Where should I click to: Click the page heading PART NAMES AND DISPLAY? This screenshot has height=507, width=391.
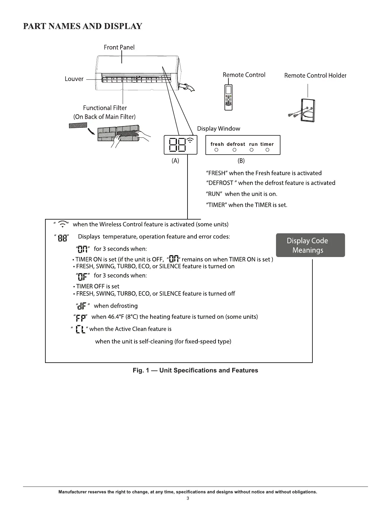coord(83,26)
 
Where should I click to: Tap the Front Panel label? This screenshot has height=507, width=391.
coord(119,47)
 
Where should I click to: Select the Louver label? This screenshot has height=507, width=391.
coord(74,79)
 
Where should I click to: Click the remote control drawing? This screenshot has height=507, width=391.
coord(228,98)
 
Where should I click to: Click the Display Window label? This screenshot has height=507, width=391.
coord(218,129)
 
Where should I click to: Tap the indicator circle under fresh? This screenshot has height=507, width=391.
coord(217,150)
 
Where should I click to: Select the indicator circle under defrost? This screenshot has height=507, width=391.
coord(234,150)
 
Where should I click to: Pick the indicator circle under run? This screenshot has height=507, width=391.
coord(252,150)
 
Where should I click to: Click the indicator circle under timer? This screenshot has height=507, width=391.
coord(267,150)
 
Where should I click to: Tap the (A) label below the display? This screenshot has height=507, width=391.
coord(175,161)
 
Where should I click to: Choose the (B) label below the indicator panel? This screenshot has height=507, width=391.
coord(241,161)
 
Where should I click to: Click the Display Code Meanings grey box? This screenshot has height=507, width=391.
coord(310,245)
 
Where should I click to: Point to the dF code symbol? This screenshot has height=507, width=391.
coord(82,306)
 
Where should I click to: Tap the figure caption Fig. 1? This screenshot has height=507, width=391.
coord(195,370)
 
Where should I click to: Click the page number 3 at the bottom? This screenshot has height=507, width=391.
coord(188,498)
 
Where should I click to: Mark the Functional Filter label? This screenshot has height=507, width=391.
coord(105,108)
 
